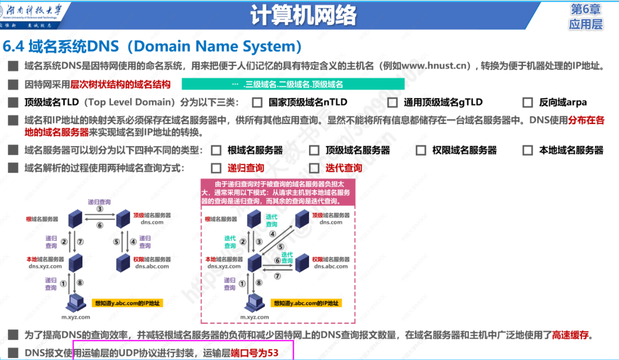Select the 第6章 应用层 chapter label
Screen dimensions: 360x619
[586, 17]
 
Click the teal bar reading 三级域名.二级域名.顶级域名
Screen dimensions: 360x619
[293, 84]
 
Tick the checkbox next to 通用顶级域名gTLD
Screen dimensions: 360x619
[392, 102]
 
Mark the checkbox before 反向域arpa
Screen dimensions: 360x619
[527, 102]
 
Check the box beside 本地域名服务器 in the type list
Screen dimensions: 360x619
[527, 150]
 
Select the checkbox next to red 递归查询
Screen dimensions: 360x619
[215, 168]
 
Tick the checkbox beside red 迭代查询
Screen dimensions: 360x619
[314, 168]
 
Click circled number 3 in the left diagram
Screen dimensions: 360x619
[99, 209]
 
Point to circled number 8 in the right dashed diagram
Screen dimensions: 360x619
[258, 282]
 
